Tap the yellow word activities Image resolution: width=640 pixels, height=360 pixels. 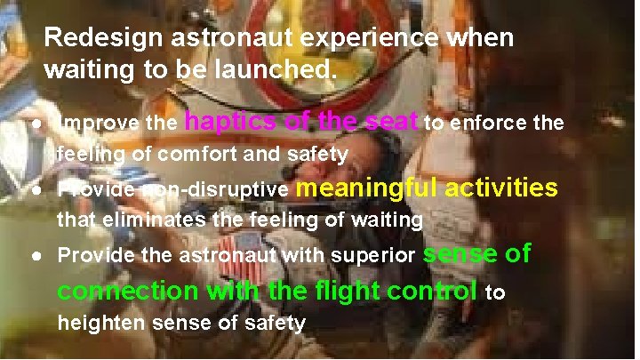tap(501, 188)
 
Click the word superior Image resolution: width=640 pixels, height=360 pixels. tap(373, 256)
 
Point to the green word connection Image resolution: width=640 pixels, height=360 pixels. tap(128, 291)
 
